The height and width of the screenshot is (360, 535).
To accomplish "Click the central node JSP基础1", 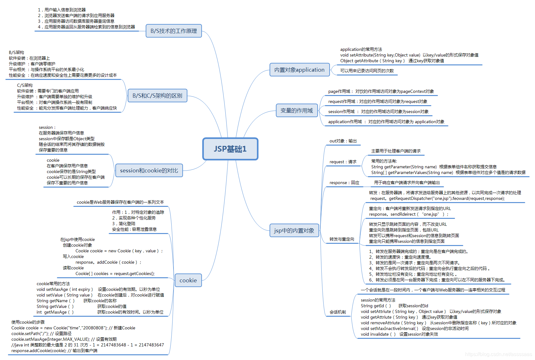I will [x=230, y=149].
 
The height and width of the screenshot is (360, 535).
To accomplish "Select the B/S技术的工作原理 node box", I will [x=173, y=31].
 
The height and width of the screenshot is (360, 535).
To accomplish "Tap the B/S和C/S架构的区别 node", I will [x=157, y=96].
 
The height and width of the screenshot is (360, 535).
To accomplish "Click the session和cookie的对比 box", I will [x=149, y=171].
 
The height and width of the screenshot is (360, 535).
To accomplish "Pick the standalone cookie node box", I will [x=188, y=280].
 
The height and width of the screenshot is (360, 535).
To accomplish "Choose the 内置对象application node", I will [x=299, y=70].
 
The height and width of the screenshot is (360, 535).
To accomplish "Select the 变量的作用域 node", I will [x=296, y=111].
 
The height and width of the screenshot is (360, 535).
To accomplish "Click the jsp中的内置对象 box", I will [x=294, y=231].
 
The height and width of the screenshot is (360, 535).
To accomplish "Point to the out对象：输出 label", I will [x=343, y=141].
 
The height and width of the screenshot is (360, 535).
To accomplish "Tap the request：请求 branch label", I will [x=343, y=162].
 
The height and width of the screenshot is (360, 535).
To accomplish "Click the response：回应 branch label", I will [x=344, y=183].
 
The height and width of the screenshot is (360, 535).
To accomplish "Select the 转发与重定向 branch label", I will [x=342, y=239].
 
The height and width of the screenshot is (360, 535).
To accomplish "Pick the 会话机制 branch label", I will [x=337, y=312].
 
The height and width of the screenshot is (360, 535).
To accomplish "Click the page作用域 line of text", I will [x=381, y=92].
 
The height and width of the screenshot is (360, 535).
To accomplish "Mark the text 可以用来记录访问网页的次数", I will [x=367, y=71].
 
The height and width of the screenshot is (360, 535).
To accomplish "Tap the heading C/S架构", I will [x=25, y=85].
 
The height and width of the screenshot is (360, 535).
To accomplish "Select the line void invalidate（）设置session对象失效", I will [x=399, y=334].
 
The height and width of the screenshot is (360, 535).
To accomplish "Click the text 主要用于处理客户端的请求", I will [x=396, y=151].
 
